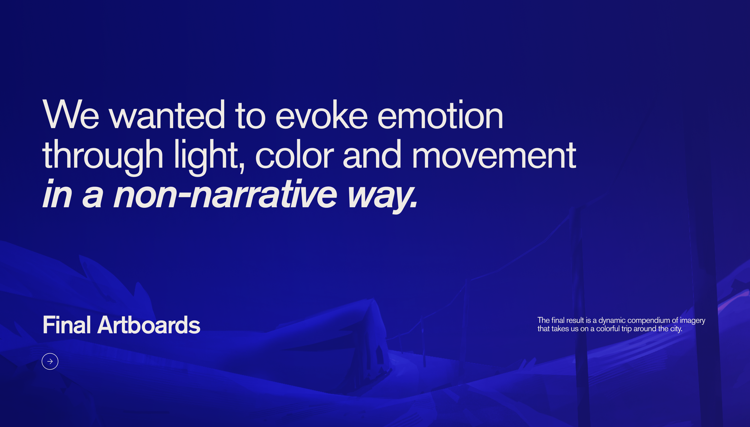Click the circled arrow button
click(x=50, y=361)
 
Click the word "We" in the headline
click(x=71, y=114)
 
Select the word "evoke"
click(x=321, y=114)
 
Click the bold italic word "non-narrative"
click(x=225, y=194)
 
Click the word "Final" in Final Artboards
click(x=67, y=325)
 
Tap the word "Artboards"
click(x=149, y=325)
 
